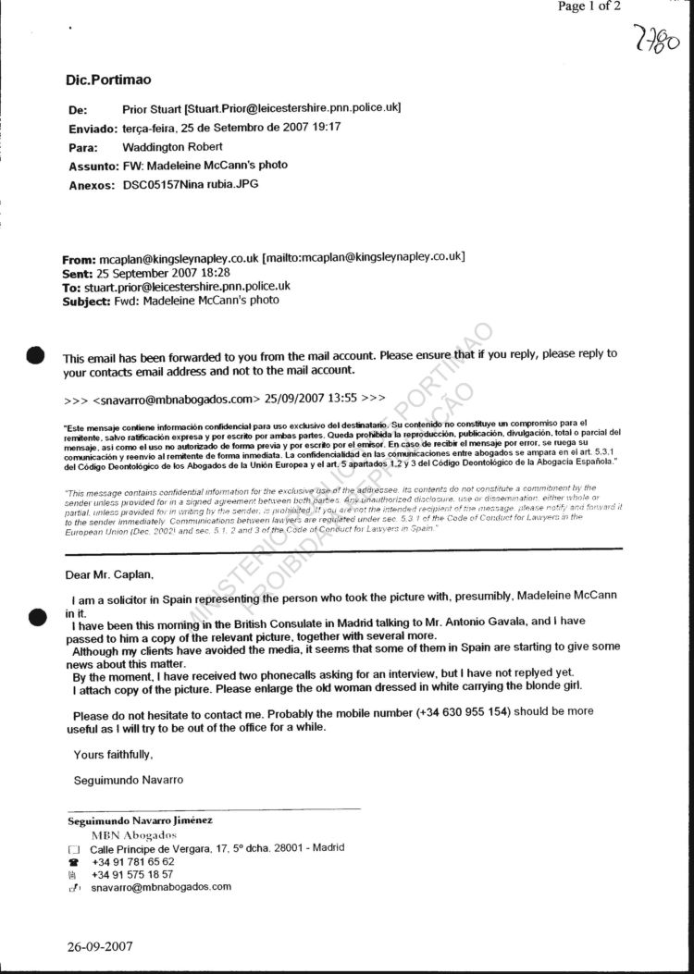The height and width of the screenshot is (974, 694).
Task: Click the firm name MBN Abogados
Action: (133, 835)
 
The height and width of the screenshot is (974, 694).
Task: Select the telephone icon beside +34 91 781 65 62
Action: (74, 861)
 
